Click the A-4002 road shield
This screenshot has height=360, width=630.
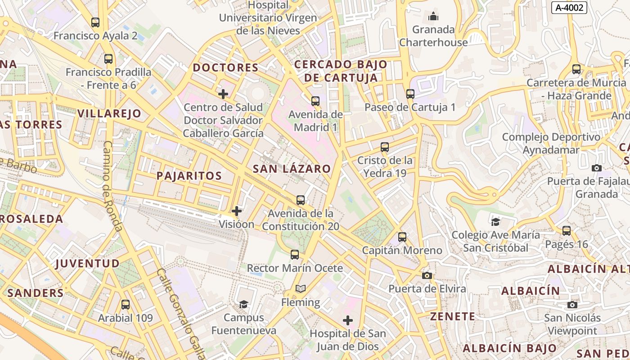click(569, 7)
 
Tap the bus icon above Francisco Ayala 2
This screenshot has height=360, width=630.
click(95, 22)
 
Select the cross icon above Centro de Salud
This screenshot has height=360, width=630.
click(223, 94)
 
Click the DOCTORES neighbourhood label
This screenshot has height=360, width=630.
click(225, 68)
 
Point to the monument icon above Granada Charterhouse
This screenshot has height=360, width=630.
click(433, 17)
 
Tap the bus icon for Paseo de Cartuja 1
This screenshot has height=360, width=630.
click(410, 94)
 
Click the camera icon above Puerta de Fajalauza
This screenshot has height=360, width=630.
click(597, 168)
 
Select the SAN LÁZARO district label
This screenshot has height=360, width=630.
click(292, 169)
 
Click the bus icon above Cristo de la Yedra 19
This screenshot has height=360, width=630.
click(384, 147)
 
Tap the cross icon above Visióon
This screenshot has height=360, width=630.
click(237, 211)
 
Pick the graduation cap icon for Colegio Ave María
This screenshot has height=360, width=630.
click(495, 221)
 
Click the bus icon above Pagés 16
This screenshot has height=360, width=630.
click(567, 231)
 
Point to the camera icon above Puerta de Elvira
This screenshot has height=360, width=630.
click(427, 275)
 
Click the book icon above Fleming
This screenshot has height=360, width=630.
click(300, 289)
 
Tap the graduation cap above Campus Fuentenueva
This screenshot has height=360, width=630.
click(243, 304)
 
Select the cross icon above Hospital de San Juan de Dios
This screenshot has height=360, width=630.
click(347, 320)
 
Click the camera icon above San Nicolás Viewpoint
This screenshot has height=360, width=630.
click(572, 305)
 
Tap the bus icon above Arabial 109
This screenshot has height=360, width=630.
click(126, 305)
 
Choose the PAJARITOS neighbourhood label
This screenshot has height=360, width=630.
click(189, 176)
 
